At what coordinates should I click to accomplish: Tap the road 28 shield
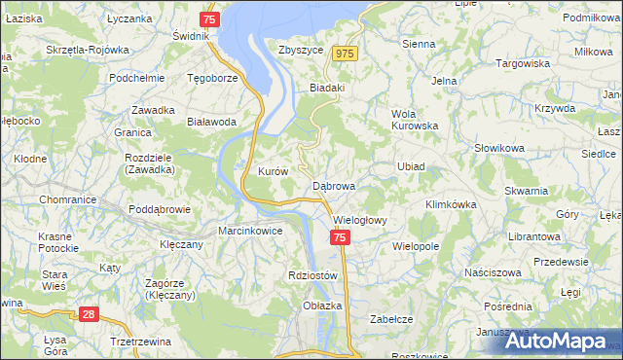point(88,314)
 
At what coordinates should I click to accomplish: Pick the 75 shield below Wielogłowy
point(339,237)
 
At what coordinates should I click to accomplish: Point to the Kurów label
point(273,171)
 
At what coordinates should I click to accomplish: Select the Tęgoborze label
point(212,78)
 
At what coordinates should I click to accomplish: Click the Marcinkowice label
point(250,232)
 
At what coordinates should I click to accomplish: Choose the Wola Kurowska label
point(415,120)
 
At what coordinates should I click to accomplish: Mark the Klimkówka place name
point(450,205)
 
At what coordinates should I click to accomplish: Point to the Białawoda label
point(211,123)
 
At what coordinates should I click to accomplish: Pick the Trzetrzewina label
point(123,341)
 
